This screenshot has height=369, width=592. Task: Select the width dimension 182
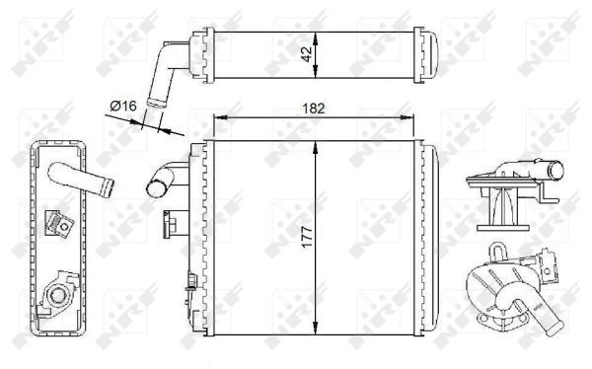tap(313, 108)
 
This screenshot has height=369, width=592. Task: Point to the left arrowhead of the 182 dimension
tap(219, 118)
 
